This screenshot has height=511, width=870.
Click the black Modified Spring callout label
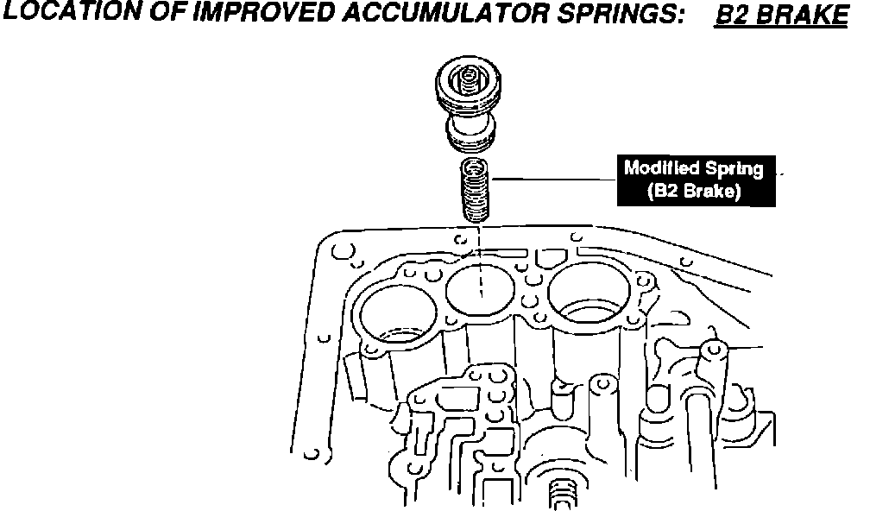pos(694,180)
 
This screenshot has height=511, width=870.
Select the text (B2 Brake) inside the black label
pos(694,192)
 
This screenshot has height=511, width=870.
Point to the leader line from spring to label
pos(552,179)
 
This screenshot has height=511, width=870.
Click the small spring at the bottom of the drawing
pos(562,496)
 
